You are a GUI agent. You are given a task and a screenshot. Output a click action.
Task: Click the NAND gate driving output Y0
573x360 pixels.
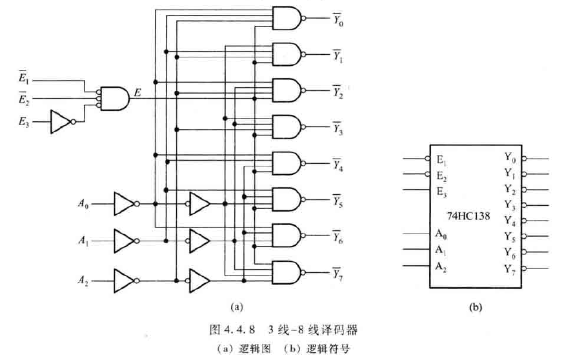tap(287, 18)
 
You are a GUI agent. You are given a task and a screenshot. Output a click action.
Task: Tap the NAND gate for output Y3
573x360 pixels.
tap(287, 126)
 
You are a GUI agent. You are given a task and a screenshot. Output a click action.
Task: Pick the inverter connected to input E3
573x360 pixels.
tap(62, 121)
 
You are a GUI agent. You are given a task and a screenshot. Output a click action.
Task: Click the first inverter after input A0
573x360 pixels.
tap(124, 204)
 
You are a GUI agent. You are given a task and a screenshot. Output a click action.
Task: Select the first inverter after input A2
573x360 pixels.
tap(124, 281)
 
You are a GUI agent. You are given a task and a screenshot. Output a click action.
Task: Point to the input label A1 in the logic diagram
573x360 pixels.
tap(83, 242)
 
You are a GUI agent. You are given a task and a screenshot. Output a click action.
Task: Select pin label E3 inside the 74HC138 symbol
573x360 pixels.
tap(441, 190)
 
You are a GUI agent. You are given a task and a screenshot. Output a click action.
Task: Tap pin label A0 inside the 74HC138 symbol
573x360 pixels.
tap(441, 234)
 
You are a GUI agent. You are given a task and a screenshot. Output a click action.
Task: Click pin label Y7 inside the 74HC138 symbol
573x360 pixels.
tap(510, 267)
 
